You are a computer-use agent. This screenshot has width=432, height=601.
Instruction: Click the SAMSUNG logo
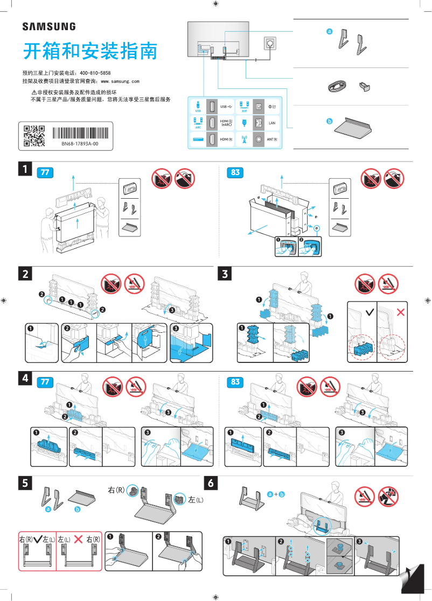pyautogui.click(x=48, y=26)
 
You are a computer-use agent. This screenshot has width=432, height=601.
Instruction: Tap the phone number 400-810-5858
pyautogui.click(x=95, y=73)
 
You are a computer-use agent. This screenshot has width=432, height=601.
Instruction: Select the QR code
pyautogui.click(x=34, y=136)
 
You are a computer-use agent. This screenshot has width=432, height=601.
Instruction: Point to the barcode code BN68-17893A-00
pyautogui.click(x=79, y=144)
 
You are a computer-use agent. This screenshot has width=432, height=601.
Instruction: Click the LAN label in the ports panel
pyautogui.click(x=271, y=123)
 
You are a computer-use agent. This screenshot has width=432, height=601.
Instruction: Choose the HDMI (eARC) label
pyautogui.click(x=226, y=123)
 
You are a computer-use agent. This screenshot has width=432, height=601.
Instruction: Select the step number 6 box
pyautogui.click(x=211, y=483)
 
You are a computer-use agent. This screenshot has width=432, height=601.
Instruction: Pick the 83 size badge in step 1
pyautogui.click(x=235, y=173)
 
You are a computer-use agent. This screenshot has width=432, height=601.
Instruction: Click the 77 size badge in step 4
pyautogui.click(x=45, y=382)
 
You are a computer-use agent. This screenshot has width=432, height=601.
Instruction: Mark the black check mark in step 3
pyautogui.click(x=369, y=312)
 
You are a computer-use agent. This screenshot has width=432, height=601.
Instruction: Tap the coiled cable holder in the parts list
pyautogui.click(x=338, y=86)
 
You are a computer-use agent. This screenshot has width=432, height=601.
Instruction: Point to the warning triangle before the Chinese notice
pyautogui.click(x=34, y=93)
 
